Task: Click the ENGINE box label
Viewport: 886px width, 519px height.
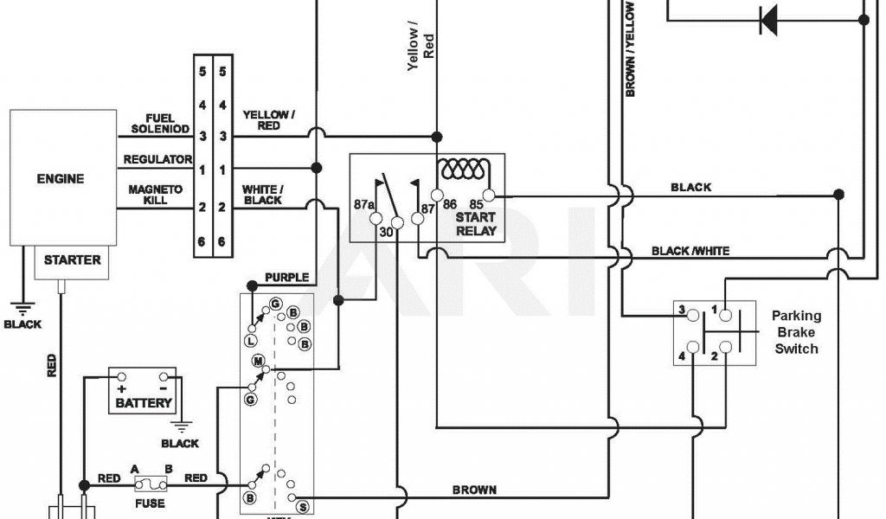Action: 61,180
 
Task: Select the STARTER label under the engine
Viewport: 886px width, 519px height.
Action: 72,259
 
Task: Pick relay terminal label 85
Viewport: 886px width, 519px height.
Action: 475,206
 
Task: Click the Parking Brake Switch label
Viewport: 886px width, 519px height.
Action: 796,332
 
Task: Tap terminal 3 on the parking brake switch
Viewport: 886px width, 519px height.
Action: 682,310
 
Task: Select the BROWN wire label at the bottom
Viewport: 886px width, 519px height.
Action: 474,490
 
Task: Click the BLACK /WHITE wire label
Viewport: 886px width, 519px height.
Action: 690,251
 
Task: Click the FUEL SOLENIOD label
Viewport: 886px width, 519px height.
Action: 155,124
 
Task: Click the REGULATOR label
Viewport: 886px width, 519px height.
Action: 157,159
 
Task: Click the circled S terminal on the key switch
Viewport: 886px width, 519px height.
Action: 302,506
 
